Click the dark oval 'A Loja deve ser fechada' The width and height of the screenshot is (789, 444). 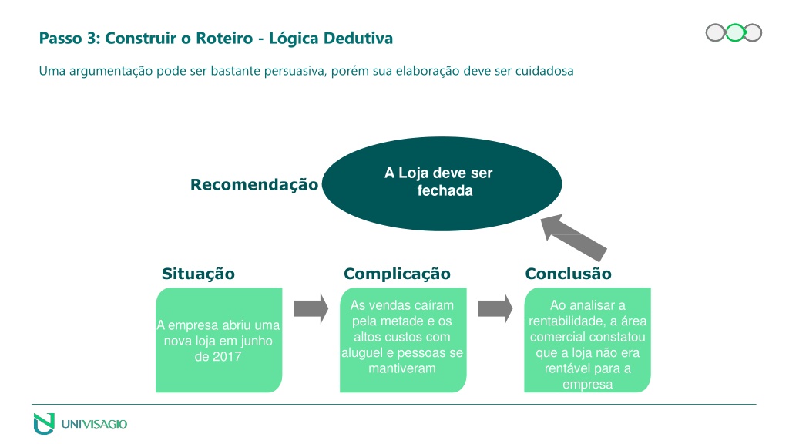(442, 183)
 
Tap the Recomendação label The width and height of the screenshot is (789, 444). (254, 185)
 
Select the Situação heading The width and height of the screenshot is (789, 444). (198, 274)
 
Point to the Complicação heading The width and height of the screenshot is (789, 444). (397, 274)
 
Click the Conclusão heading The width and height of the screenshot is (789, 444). (568, 274)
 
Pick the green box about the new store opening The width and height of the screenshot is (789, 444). (219, 340)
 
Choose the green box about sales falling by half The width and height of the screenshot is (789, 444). (403, 340)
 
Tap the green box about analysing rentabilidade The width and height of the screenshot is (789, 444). (587, 340)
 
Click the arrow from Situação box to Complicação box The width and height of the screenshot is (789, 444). (311, 308)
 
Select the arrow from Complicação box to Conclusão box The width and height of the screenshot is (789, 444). (495, 308)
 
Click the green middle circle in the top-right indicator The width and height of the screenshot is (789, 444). (734, 32)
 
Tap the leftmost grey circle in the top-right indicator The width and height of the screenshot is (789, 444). (715, 32)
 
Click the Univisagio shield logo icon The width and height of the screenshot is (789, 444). (44, 423)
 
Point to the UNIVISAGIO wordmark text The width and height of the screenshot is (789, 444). (94, 424)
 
